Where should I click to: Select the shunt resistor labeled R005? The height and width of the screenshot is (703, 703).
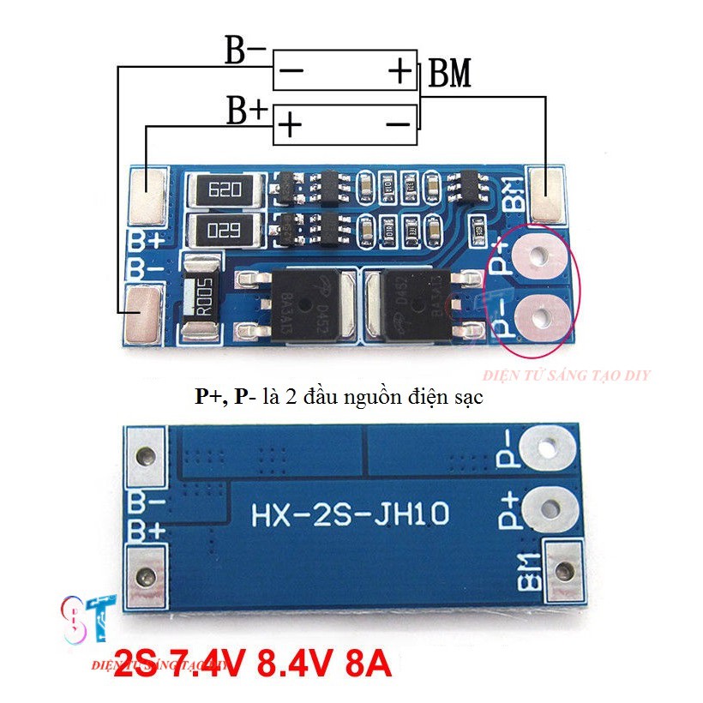pyautogui.click(x=203, y=296)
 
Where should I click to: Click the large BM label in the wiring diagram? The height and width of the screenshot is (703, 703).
pyautogui.click(x=449, y=75)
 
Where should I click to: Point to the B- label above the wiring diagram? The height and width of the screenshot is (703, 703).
pyautogui.click(x=246, y=51)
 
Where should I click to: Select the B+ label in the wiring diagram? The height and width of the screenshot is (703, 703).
pyautogui.click(x=247, y=111)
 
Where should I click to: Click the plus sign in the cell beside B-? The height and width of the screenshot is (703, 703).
pyautogui.click(x=400, y=71)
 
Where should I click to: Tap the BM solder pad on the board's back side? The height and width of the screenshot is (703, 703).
pyautogui.click(x=563, y=569)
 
